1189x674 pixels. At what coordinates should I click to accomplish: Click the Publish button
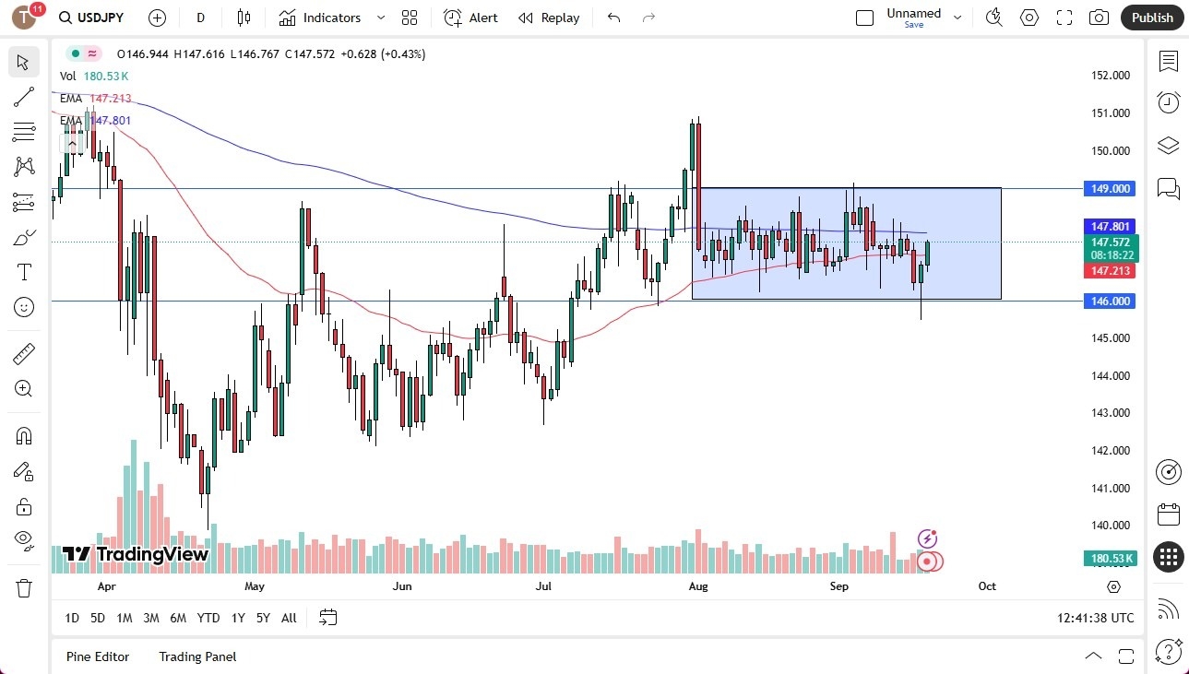1152,18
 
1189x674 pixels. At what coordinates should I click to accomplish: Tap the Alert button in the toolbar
471,18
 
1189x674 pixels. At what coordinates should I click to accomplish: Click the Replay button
549,18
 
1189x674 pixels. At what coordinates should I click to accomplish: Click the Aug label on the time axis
698,585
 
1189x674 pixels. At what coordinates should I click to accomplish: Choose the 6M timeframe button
178,618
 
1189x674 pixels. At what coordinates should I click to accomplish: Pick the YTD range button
208,618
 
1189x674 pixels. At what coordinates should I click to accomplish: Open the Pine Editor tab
98,656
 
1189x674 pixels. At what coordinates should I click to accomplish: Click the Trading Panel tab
197,656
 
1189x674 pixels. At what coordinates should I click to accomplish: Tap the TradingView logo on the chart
136,554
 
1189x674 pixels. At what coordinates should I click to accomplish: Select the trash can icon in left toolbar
24,587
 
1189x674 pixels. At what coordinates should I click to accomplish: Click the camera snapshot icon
1099,18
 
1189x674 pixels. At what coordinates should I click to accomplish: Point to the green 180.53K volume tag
1112,559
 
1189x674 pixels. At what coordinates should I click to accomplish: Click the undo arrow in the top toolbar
614,18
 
